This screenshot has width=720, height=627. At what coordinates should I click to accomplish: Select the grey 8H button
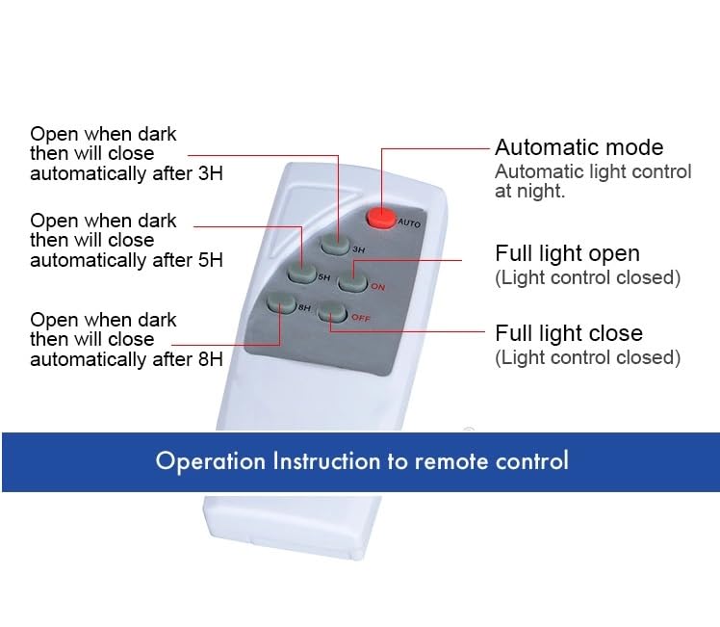click(281, 305)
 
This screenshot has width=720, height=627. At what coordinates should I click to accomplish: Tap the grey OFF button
click(333, 312)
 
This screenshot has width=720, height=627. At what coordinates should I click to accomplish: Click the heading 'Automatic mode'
click(579, 147)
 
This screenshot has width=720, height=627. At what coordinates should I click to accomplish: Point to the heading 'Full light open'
click(567, 253)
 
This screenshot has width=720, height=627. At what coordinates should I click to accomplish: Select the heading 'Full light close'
click(568, 333)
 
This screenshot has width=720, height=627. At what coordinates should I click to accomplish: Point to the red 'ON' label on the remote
click(377, 286)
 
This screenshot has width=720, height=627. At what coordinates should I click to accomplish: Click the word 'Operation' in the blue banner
click(211, 460)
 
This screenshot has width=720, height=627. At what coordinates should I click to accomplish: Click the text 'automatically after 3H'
click(126, 173)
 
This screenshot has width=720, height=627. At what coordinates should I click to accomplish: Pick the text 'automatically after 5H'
click(126, 260)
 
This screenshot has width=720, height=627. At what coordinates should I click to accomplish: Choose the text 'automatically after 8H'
click(126, 359)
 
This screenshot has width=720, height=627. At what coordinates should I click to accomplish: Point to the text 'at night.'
click(530, 191)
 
